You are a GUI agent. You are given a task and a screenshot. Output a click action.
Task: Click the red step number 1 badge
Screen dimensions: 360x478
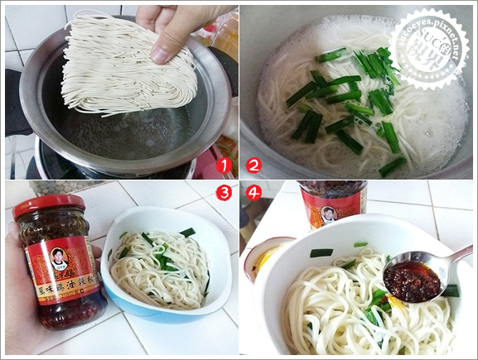(x=223, y=165)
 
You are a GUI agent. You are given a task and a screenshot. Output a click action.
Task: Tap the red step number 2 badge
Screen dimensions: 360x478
(x=253, y=165)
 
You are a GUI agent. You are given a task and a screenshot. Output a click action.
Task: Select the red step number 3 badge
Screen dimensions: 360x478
(x=223, y=194)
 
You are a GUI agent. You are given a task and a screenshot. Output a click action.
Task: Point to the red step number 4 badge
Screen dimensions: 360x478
(x=253, y=194)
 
